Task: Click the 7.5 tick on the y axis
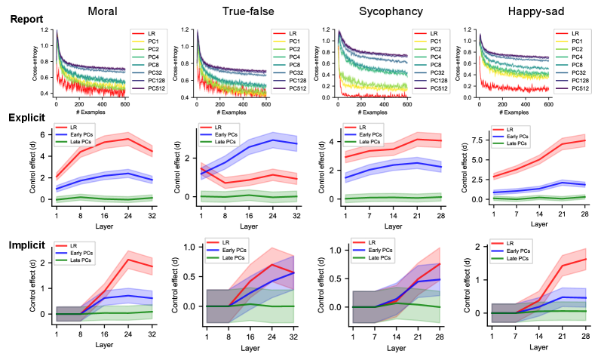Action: click(x=476, y=140)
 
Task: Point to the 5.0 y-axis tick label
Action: click(x=476, y=160)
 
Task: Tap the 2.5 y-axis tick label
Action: click(x=476, y=180)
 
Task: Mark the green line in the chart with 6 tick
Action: click(x=106, y=198)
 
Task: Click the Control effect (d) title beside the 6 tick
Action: click(x=33, y=162)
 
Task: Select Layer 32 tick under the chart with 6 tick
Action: click(x=153, y=215)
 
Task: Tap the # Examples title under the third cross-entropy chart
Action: click(x=373, y=114)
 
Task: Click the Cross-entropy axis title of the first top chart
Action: click(x=35, y=62)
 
